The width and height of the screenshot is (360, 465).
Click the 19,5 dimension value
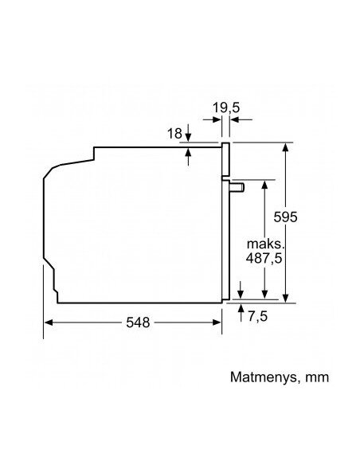click(x=226, y=107)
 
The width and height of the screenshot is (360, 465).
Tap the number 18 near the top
click(x=174, y=134)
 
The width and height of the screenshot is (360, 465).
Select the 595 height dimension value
click(x=285, y=217)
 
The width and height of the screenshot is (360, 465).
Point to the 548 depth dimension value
click(x=138, y=322)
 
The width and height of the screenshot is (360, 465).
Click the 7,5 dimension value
click(x=258, y=316)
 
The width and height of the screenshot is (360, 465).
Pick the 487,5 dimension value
click(x=264, y=258)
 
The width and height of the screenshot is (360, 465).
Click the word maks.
click(x=266, y=244)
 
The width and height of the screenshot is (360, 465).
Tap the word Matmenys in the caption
click(x=263, y=377)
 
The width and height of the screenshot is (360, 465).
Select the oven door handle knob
click(x=237, y=188)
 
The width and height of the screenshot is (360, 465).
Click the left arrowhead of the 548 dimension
click(x=49, y=322)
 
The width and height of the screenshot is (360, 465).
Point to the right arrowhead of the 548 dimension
click(x=217, y=322)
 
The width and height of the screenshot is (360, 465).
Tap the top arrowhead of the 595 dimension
click(x=285, y=147)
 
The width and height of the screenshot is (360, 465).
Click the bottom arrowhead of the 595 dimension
click(x=285, y=298)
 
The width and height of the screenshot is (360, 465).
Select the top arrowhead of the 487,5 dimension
click(x=264, y=185)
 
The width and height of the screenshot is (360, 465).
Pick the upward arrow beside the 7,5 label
click(x=241, y=313)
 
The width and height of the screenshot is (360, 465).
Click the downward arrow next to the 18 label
click(x=188, y=133)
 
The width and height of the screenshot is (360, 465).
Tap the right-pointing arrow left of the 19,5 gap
click(x=213, y=119)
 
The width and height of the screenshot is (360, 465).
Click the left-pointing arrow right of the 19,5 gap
click(x=241, y=119)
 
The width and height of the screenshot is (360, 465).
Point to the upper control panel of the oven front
click(x=226, y=159)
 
